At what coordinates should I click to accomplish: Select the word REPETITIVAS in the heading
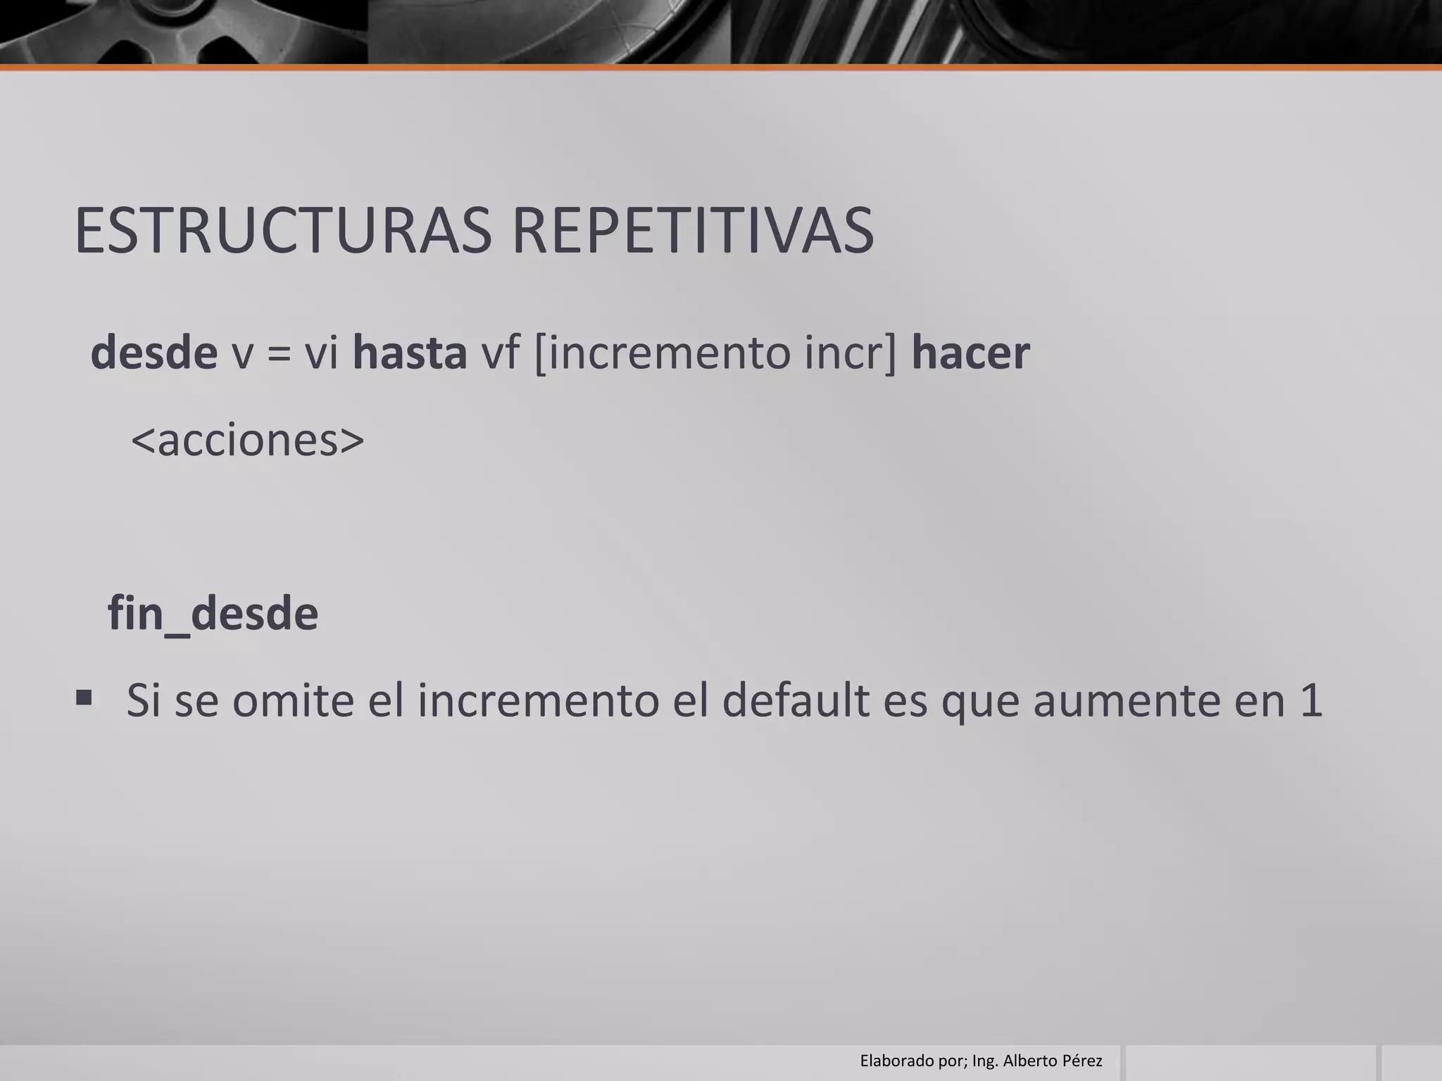click(693, 231)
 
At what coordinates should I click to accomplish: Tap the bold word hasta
click(409, 353)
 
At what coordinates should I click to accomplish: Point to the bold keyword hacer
click(970, 353)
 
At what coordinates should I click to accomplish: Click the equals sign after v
click(279, 354)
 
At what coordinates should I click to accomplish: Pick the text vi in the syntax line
click(322, 353)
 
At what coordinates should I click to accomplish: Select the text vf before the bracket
click(500, 353)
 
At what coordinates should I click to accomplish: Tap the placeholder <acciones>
click(248, 441)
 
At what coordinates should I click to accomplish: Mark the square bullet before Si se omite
click(84, 697)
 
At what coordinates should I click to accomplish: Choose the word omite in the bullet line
click(293, 701)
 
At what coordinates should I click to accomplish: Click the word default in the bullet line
click(796, 701)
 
